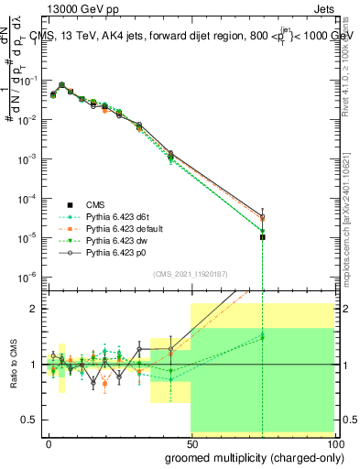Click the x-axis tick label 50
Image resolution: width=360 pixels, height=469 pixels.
191,442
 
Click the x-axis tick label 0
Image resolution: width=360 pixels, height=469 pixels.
49,442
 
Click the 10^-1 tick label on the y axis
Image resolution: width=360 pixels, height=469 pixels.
29,81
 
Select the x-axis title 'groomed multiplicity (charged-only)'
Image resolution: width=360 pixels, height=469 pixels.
249,456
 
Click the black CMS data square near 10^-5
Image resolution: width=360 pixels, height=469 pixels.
263,237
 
